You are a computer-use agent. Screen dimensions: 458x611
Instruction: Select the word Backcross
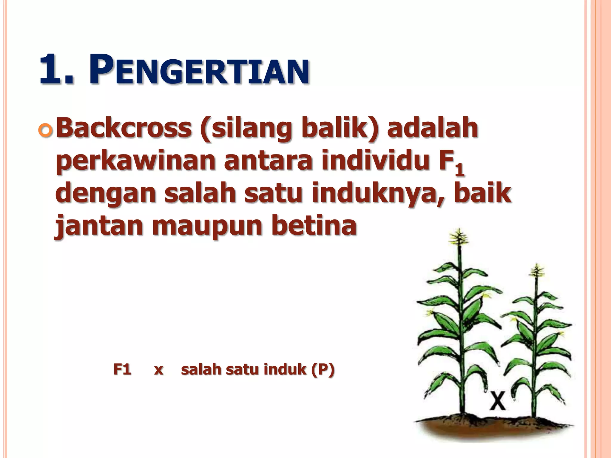coord(124,128)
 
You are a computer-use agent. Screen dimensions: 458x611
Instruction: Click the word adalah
coord(433,128)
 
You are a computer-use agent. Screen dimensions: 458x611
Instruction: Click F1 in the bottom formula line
coord(122,370)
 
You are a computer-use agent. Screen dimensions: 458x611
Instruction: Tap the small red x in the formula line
coord(158,371)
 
